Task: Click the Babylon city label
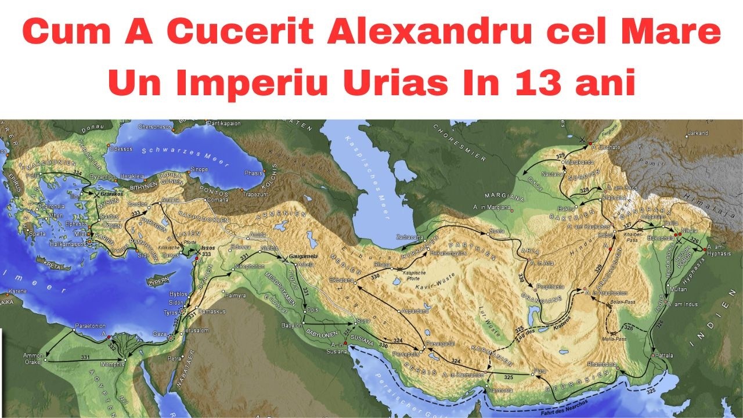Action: pyautogui.click(x=290, y=325)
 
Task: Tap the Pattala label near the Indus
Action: pyautogui.click(x=666, y=354)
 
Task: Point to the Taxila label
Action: pyautogui.click(x=672, y=222)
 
